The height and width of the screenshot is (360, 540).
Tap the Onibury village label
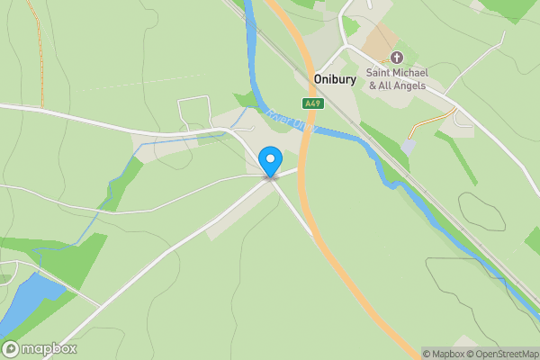coord(336,79)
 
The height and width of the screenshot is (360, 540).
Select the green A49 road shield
coord(312,103)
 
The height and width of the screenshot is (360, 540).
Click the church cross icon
coord(396,58)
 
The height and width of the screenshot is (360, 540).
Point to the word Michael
coord(415,72)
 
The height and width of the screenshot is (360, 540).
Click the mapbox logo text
coord(49,349)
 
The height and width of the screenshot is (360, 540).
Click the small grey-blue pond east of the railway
coord(409,145)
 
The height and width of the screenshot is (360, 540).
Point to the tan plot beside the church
coord(380,41)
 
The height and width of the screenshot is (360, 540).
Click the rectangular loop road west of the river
coord(194,112)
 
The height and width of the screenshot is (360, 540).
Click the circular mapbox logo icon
coord(12,349)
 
